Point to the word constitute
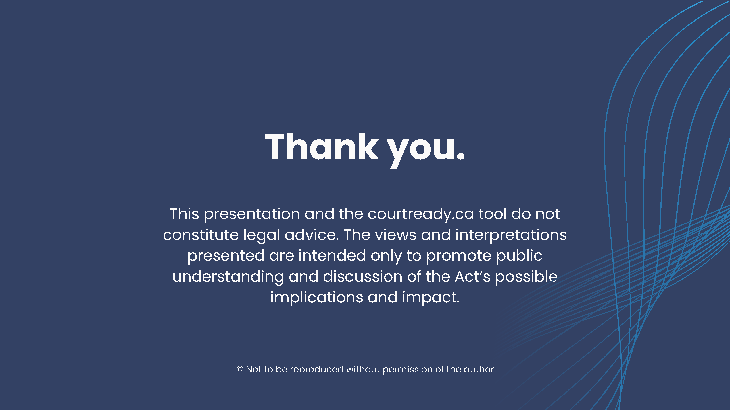coord(201,235)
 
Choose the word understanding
coord(228,277)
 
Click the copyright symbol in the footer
coord(240,370)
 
